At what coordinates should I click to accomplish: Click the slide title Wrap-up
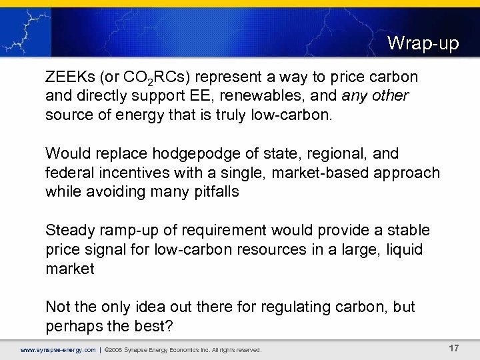pyautogui.click(x=423, y=44)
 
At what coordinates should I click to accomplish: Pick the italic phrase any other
pyautogui.click(x=375, y=96)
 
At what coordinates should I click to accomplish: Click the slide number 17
pyautogui.click(x=453, y=348)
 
